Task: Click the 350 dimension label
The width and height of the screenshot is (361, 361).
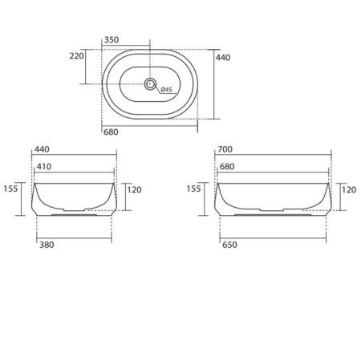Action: [112, 38]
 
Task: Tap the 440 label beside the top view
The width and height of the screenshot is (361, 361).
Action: [224, 57]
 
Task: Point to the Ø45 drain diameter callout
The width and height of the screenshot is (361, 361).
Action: [167, 90]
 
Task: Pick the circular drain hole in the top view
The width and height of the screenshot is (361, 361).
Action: [151, 83]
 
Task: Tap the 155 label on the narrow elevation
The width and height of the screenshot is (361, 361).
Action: [10, 189]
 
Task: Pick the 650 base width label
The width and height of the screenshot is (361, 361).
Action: [229, 247]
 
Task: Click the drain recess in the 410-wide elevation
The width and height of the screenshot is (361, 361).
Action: [73, 215]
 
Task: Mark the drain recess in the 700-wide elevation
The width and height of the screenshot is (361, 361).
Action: [273, 215]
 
